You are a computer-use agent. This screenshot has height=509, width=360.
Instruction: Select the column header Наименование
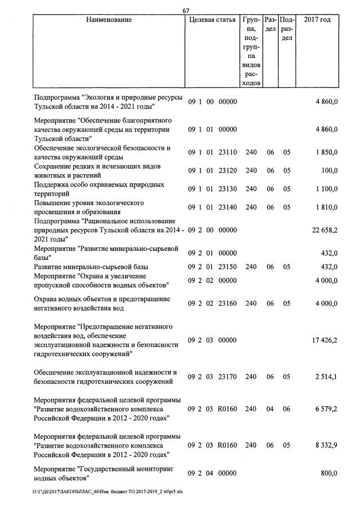[x=109, y=20]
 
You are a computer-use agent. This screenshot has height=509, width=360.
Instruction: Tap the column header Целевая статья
[x=212, y=20]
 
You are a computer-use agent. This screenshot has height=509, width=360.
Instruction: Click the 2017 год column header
[x=317, y=20]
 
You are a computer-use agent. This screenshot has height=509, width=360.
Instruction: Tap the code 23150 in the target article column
[x=226, y=266]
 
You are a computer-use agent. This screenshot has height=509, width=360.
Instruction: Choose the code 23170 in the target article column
[x=226, y=377]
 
